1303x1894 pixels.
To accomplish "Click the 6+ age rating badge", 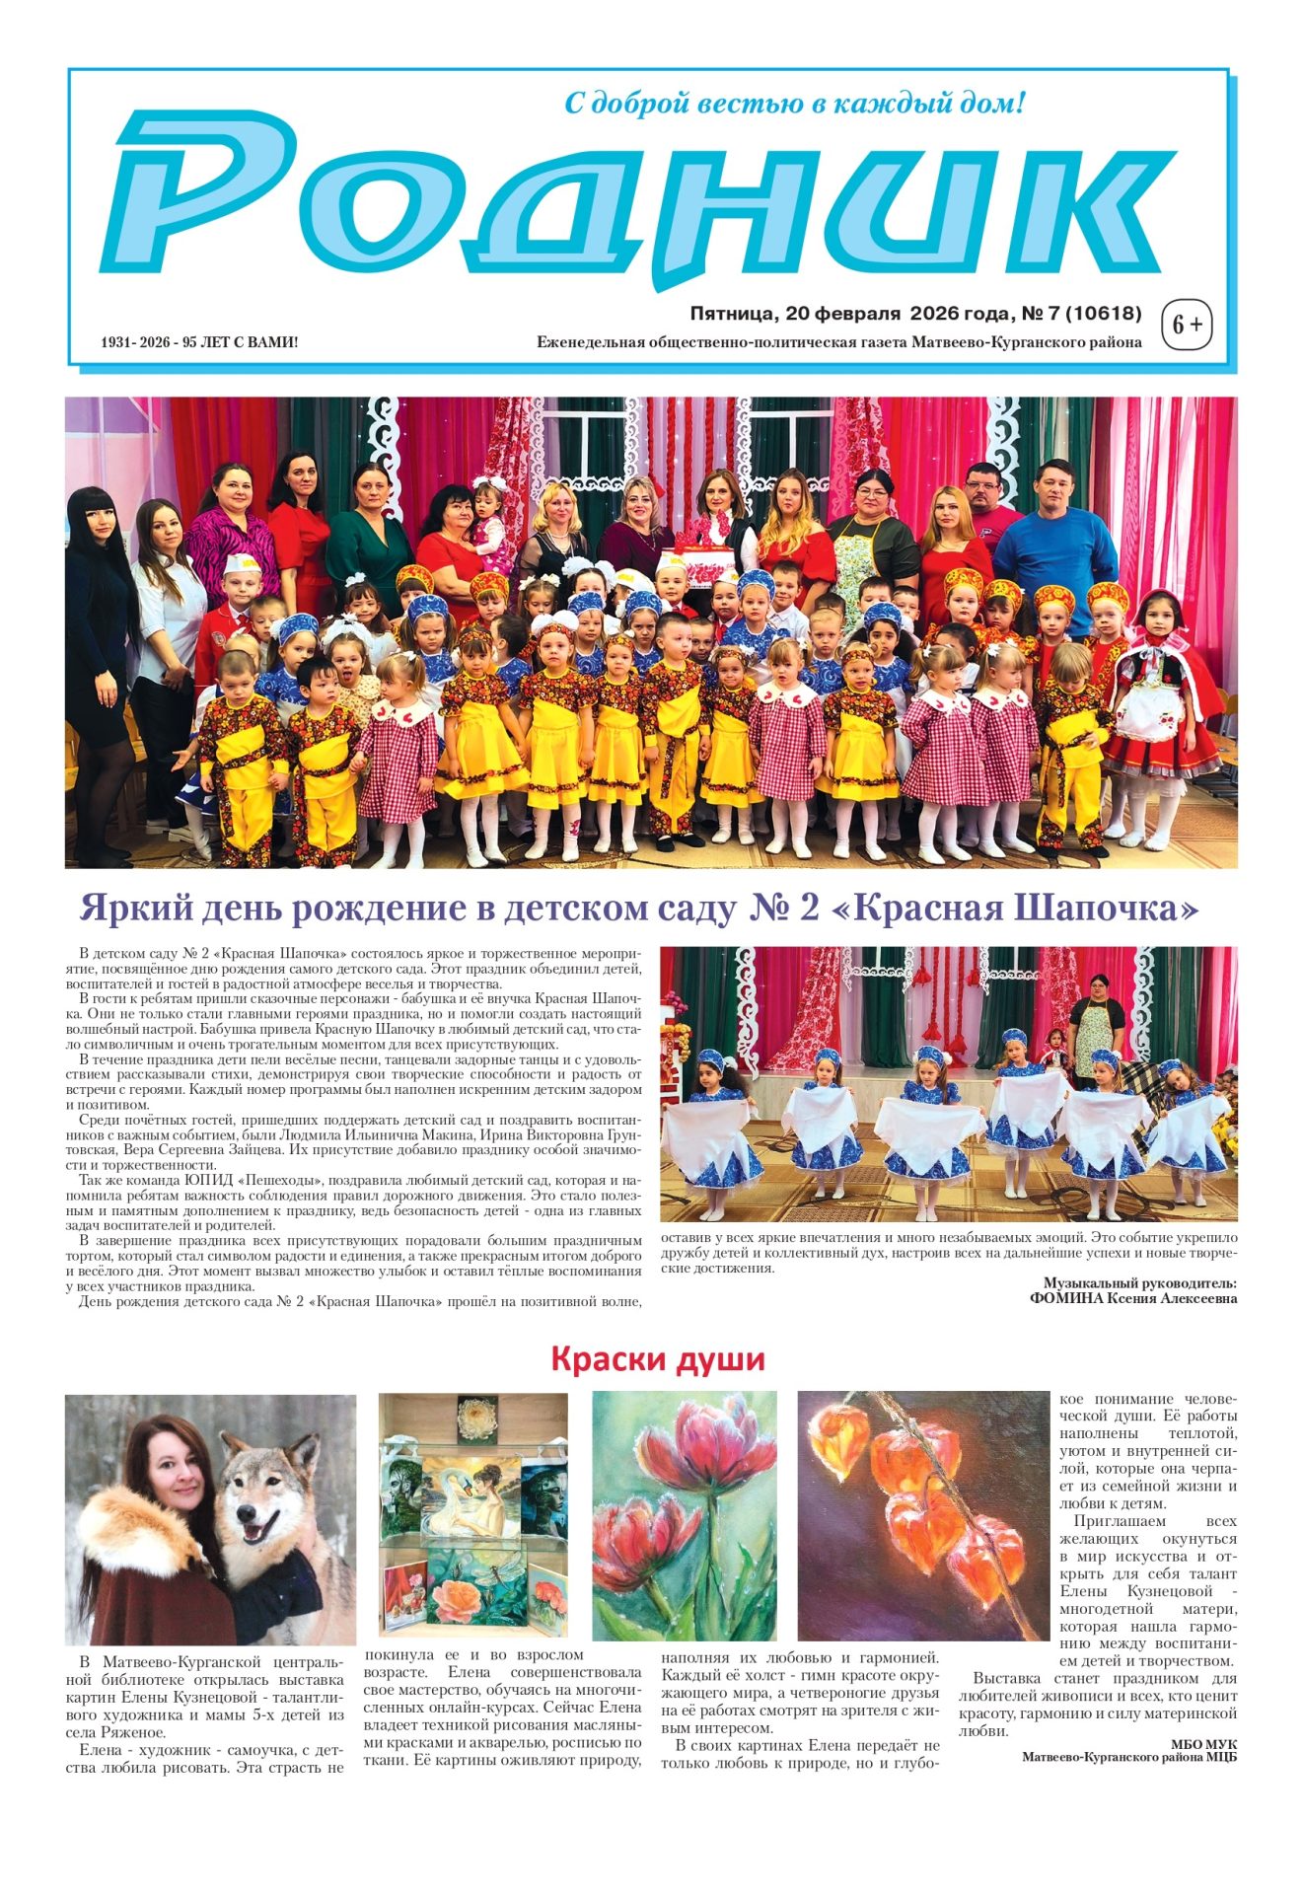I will [1188, 325].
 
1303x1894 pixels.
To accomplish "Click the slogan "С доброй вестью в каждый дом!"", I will [794, 103].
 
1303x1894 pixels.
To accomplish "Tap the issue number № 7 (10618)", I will [1081, 314].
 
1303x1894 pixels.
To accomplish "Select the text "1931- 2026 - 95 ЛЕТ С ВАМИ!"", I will [199, 342].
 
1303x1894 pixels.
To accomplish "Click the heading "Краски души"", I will [658, 1359].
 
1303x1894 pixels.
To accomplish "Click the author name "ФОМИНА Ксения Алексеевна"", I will [1132, 1298].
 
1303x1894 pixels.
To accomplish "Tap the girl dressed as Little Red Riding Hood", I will [1167, 691].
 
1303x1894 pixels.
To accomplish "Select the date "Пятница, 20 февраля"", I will [795, 314].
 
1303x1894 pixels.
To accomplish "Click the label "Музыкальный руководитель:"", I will [1139, 1282].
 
